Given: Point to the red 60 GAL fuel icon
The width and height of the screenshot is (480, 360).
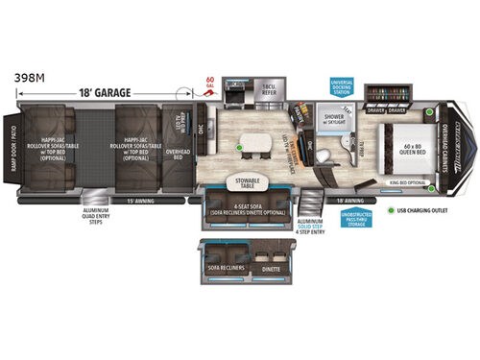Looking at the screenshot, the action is click(x=211, y=84).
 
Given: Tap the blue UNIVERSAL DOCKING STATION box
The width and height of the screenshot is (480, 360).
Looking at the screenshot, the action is click(x=342, y=87).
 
